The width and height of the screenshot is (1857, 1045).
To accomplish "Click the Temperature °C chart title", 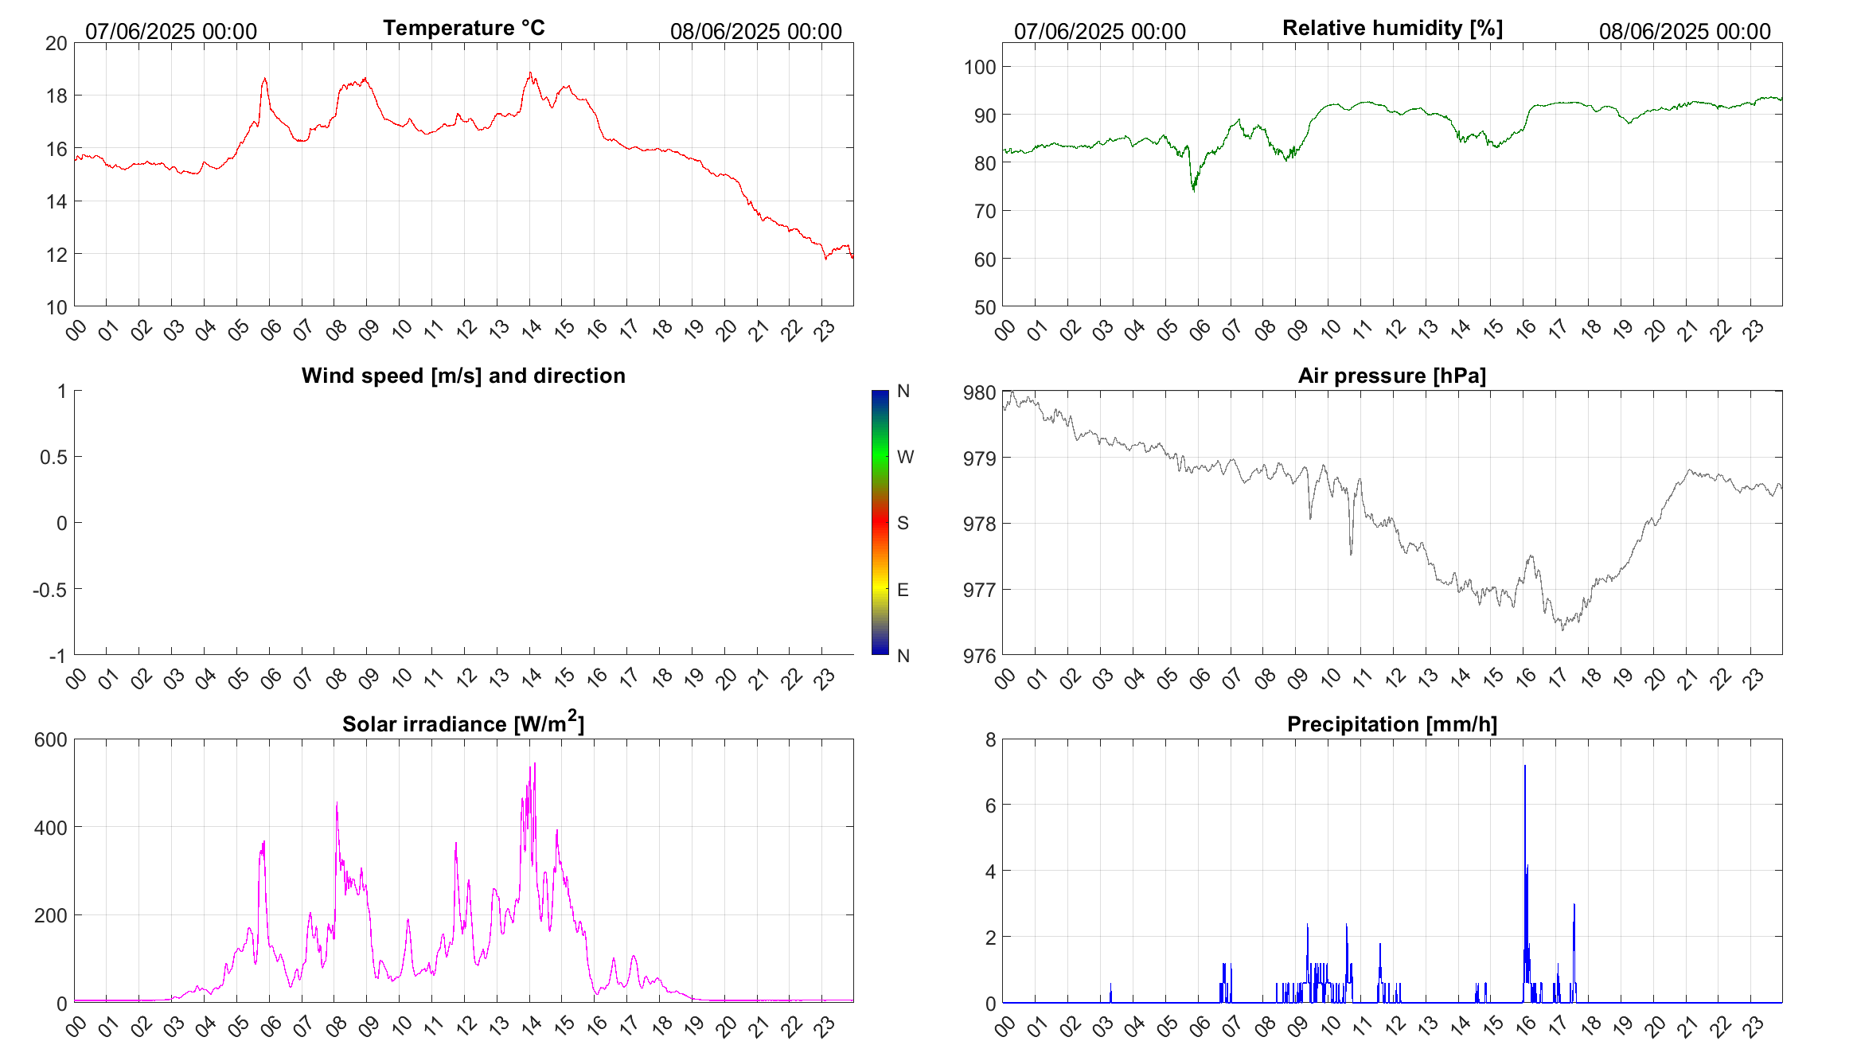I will (x=463, y=28).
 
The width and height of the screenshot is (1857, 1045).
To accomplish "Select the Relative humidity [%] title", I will (x=1392, y=28).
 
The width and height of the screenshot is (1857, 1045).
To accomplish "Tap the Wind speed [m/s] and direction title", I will (x=463, y=376).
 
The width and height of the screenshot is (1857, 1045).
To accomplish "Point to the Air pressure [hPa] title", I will (x=1392, y=376).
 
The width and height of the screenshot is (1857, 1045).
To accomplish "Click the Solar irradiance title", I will (x=463, y=724).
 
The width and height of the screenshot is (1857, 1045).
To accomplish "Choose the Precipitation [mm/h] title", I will (x=1392, y=724).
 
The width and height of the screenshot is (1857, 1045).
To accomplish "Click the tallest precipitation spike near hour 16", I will (x=1525, y=767).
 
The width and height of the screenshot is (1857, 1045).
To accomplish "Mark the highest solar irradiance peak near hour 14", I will (x=535, y=764).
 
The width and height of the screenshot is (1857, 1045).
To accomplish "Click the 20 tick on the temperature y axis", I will (x=57, y=44).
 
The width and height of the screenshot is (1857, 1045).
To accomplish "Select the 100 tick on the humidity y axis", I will (x=980, y=67).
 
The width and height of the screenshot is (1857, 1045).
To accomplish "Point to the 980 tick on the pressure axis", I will (x=980, y=392).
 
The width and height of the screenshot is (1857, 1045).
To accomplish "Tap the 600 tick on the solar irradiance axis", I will (x=51, y=740).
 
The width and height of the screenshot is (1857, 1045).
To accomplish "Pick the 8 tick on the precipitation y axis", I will (x=990, y=740).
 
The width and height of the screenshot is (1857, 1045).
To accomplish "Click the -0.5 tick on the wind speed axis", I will (x=49, y=590).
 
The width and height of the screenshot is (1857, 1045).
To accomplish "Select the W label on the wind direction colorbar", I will (x=905, y=457).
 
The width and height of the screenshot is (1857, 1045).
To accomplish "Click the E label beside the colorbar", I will (x=903, y=590).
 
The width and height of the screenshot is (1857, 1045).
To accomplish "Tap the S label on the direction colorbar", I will (x=903, y=523).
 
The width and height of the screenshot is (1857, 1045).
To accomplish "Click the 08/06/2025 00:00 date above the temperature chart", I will (x=755, y=32).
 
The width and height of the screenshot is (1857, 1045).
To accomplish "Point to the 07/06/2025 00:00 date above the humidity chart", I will (x=1099, y=32).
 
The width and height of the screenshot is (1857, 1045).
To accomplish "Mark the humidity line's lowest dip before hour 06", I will (x=1194, y=190).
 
